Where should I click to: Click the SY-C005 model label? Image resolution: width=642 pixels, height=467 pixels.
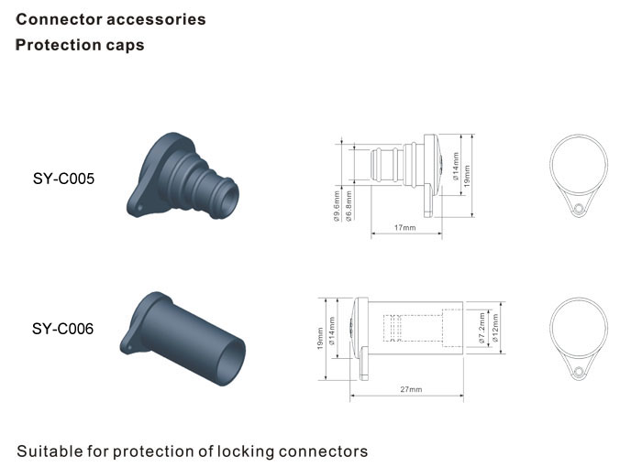[x=63, y=179]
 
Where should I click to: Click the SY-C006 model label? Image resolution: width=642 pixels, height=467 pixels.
[x=62, y=329]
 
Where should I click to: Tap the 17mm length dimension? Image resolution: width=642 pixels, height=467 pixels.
[x=405, y=227]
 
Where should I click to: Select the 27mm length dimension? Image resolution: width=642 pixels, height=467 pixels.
[x=411, y=389]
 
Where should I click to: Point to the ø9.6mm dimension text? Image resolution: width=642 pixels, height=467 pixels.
[x=337, y=206]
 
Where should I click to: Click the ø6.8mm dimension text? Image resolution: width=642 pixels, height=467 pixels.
[x=349, y=206]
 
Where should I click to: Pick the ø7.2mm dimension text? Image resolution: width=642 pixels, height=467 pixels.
[x=481, y=328]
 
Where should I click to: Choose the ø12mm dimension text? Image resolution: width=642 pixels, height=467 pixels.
[x=495, y=328]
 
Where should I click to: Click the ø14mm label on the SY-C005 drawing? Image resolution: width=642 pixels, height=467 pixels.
[x=456, y=167]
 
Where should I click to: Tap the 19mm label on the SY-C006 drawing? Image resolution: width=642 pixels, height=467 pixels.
[x=320, y=339]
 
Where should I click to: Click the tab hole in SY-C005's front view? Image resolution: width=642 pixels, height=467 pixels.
[x=578, y=209]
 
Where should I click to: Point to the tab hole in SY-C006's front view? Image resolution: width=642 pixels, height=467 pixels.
[x=578, y=372]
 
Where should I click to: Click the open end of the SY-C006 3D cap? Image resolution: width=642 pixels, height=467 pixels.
[x=230, y=362]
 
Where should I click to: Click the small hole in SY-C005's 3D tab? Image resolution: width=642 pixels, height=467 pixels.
[x=139, y=208]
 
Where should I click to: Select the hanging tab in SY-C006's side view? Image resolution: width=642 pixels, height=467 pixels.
[x=364, y=364]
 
